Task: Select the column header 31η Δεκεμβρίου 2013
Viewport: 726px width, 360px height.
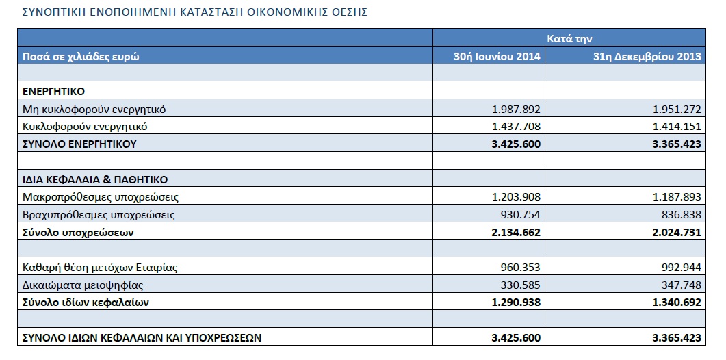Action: tap(647, 57)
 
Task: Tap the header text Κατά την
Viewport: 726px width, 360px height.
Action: tap(569, 39)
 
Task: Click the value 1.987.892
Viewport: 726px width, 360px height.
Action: tap(516, 110)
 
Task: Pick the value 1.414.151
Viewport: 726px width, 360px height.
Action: tap(677, 127)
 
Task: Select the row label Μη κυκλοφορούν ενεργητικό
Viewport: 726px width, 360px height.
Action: tap(94, 110)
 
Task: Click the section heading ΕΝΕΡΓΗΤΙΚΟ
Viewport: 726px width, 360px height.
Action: tap(53, 92)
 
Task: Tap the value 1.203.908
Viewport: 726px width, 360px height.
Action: tap(516, 197)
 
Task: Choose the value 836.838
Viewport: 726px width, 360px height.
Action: tap(682, 215)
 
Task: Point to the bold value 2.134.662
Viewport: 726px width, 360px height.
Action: tap(516, 233)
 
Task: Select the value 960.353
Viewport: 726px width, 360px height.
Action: tap(521, 268)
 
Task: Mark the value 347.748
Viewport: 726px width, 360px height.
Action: tap(682, 285)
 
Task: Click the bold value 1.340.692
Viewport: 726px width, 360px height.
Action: tap(677, 303)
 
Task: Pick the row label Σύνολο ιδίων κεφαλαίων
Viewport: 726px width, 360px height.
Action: tap(86, 303)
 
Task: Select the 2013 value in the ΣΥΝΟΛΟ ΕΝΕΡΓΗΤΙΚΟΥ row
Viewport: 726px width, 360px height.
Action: tap(677, 144)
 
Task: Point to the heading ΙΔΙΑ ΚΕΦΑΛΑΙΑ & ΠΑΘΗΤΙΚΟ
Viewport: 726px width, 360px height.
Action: tap(95, 180)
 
